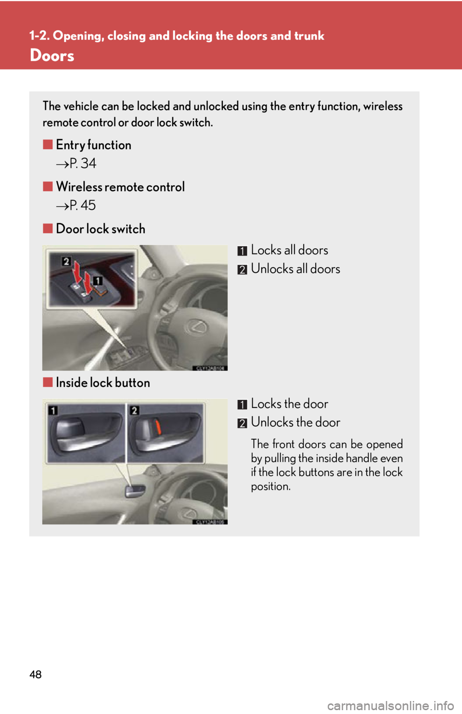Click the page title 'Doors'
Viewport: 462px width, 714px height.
(52, 56)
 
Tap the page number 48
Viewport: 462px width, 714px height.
(36, 675)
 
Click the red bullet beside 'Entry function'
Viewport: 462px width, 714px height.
(48, 145)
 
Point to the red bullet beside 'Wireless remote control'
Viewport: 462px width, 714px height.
(48, 187)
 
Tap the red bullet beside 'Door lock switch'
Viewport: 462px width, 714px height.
(48, 229)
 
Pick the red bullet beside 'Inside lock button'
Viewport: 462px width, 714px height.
(48, 382)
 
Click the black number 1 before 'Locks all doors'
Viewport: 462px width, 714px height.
(243, 251)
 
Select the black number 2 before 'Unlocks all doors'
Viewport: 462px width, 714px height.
(243, 269)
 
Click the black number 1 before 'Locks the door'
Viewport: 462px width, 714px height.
(243, 405)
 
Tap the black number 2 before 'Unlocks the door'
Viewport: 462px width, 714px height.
(243, 423)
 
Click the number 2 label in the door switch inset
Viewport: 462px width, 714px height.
(66, 262)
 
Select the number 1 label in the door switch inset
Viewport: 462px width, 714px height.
(97, 281)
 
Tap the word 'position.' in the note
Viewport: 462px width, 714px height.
(270, 487)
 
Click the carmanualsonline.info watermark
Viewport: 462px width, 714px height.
(391, 705)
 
